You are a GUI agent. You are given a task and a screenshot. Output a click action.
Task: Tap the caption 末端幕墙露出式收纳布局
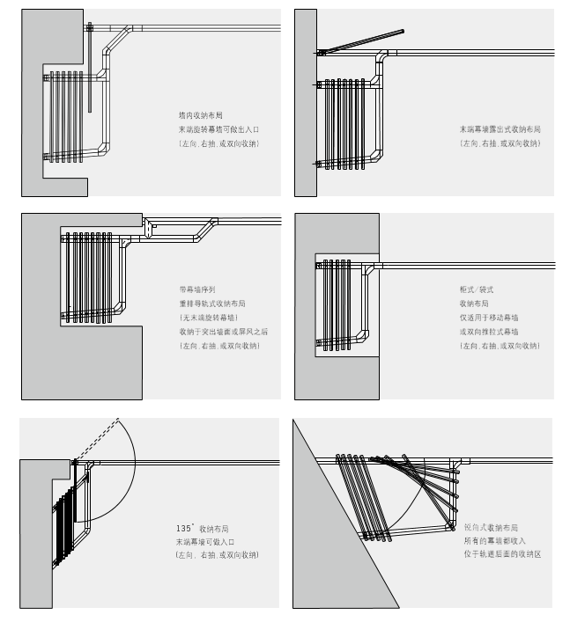pyautogui.click(x=500, y=129)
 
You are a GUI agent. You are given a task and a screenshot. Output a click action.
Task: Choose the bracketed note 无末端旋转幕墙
pyautogui.click(x=209, y=317)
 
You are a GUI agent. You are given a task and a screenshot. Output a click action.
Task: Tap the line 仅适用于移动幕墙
pyautogui.click(x=488, y=317)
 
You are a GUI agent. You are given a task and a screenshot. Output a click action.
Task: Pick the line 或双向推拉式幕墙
pyautogui.click(x=488, y=331)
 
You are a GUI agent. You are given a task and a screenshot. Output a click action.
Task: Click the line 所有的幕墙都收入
pyautogui.click(x=494, y=541)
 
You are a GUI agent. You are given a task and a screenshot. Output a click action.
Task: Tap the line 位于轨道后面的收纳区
pyautogui.click(x=501, y=555)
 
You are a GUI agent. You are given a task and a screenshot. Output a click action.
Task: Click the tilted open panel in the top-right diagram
pyautogui.click(x=361, y=40)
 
